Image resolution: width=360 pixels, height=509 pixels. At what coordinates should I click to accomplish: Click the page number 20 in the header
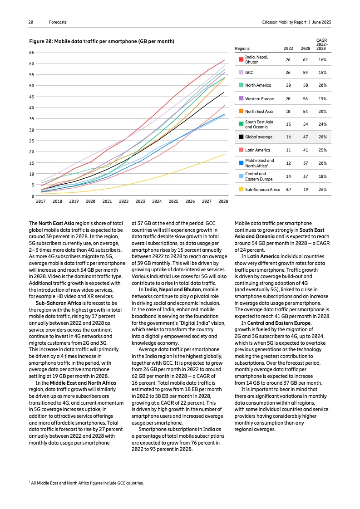pos(30,22)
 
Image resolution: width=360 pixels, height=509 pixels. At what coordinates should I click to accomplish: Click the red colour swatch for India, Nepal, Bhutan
pos(241,59)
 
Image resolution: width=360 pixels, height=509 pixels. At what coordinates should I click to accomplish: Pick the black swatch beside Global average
pos(241,137)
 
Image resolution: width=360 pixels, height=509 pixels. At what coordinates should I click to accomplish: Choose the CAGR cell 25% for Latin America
pos(323,150)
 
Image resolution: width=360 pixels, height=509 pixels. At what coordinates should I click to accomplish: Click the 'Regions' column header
pos(242,48)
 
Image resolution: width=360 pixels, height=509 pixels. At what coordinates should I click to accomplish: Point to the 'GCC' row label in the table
pos(249,73)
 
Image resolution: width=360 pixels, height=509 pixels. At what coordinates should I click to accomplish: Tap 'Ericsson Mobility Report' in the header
pos(284,22)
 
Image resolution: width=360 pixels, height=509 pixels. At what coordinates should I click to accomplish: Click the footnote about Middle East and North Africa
pos(86,483)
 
